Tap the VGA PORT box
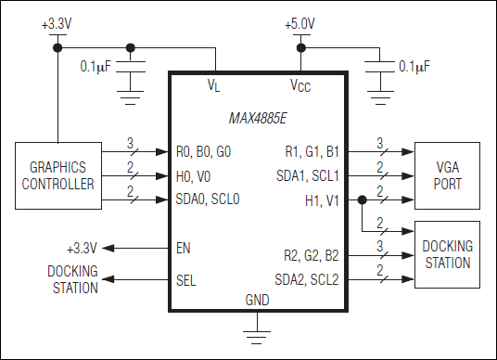(447, 174)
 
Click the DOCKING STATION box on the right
(447, 254)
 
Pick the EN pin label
(184, 249)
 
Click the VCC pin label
(300, 85)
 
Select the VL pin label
(214, 85)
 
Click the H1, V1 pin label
(324, 200)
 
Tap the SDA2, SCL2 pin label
(309, 279)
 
